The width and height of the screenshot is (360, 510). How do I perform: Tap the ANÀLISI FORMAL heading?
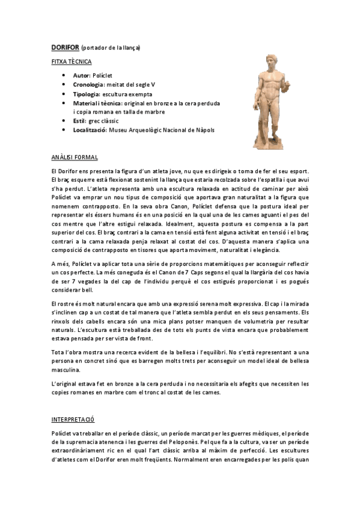75,158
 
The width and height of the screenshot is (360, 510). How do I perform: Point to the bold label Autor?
81,76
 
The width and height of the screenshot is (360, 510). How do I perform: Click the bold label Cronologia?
89,85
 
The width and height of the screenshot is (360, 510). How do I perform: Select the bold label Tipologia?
87,94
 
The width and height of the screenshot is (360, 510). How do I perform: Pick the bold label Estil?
79,121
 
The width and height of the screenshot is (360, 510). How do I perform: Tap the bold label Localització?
90,130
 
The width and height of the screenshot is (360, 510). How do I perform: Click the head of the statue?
272,63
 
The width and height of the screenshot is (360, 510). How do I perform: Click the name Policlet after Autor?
102,76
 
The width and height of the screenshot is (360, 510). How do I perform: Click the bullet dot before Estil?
64,121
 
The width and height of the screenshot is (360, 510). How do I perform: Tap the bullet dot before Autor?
64,76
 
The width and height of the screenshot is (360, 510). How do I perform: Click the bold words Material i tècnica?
97,103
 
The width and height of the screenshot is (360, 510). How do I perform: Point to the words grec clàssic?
106,121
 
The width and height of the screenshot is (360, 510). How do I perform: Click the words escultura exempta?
127,94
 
